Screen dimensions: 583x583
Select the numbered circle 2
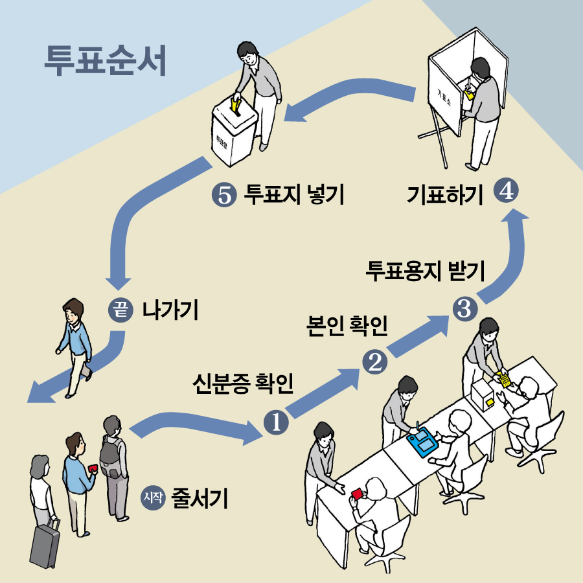coord(375,361)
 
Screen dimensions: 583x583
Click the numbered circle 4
coord(506,192)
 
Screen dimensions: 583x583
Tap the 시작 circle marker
coord(154,498)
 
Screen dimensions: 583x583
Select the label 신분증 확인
coord(244,384)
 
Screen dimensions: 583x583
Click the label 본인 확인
coord(347,326)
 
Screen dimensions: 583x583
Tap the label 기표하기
coord(445,194)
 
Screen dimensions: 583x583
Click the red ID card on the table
coord(356,494)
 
